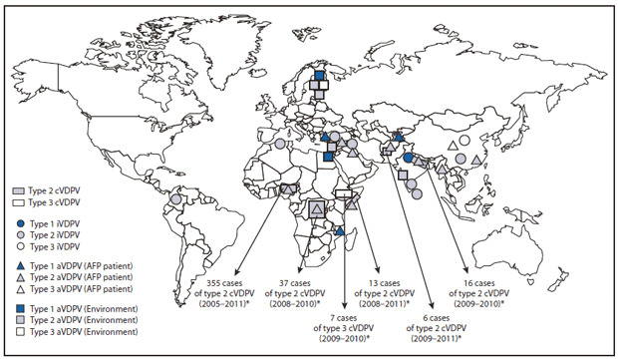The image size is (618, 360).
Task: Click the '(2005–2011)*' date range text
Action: [226, 306]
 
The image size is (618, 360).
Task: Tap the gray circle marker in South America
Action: [176, 199]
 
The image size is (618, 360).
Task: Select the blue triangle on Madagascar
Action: [340, 231]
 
